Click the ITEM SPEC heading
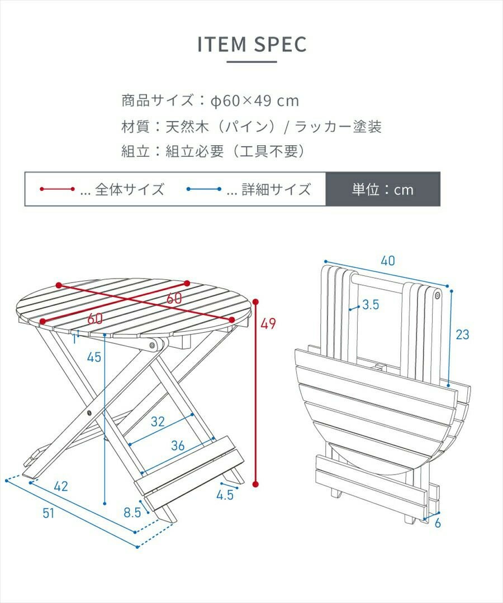point(251,44)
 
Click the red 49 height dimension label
point(268,323)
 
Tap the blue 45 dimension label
point(94,357)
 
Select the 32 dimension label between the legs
point(158,422)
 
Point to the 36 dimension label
point(178,446)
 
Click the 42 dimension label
point(61,486)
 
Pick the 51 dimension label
point(49,513)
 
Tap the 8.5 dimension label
point(132,513)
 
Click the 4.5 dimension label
point(225,495)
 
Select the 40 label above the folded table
point(388,261)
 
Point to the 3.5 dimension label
point(371,305)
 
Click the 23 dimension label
point(462,334)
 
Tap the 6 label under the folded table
point(438,523)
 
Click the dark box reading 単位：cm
point(383,189)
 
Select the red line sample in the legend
point(57,189)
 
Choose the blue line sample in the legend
point(203,189)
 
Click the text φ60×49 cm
point(255,100)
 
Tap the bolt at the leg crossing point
point(89,413)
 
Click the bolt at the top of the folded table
point(438,295)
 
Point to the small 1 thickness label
point(74,339)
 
